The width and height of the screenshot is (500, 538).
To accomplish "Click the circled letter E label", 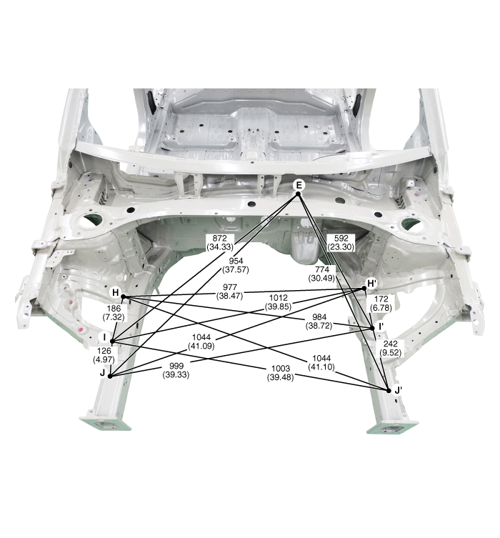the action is [299, 185].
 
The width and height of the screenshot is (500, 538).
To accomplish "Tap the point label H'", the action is [372, 284].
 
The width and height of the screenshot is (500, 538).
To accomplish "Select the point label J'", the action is [398, 390].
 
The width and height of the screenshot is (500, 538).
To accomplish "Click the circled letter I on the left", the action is [104, 337].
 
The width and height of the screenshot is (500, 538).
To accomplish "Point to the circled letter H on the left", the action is [116, 293].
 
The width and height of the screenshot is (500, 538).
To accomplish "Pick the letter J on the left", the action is [102, 373].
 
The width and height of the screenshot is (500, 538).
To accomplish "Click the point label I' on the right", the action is [381, 327].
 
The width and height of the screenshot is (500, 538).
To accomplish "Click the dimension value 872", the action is [219, 238].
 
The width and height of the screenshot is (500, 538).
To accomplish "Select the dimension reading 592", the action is [341, 238].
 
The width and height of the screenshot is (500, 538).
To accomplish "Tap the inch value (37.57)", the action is [236, 269].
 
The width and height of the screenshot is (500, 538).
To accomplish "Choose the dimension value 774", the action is [321, 269].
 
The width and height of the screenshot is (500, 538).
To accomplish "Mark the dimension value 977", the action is [230, 287].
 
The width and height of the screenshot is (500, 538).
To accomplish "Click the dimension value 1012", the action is [278, 298].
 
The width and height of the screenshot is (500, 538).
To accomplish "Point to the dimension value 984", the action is [319, 317].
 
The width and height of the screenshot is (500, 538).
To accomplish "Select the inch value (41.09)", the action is [201, 347].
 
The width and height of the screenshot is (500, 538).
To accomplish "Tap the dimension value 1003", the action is [281, 369].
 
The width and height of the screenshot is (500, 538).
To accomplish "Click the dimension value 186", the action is [114, 309].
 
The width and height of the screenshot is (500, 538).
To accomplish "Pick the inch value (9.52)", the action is [391, 353].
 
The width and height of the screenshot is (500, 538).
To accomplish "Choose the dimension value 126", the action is [104, 351].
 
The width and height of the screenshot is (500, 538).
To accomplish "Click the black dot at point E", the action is [299, 194].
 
